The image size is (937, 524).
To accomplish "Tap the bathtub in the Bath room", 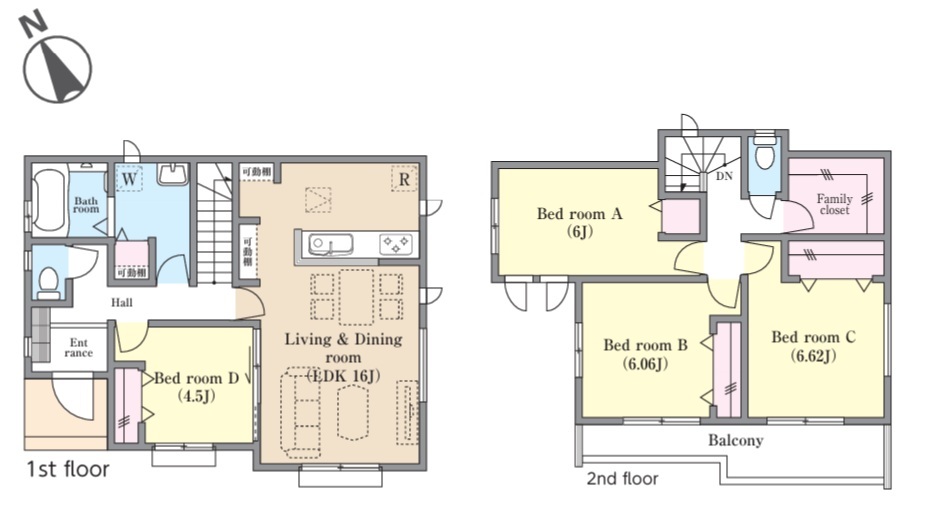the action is point(49,202).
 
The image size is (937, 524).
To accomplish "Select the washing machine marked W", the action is point(128,178).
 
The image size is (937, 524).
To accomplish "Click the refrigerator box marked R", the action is point(404,179).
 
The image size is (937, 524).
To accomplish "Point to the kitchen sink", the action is point(330,245).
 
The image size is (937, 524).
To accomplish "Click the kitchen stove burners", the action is point(396,244).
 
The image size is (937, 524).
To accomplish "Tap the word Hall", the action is point(122,303).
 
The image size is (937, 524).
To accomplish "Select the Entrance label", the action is point(78,348).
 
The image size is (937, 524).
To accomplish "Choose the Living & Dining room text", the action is point(343,348).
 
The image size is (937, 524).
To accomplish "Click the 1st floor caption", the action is point(68,470).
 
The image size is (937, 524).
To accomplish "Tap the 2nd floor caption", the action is point(622,479).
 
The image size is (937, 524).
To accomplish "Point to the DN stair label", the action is point(724,176).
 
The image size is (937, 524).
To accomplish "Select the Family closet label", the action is point(834,204).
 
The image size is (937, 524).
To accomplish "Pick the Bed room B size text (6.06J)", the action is point(645,363).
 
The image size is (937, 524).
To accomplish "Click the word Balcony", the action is point(736,441).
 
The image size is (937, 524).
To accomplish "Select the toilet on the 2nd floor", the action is point(764,154).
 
